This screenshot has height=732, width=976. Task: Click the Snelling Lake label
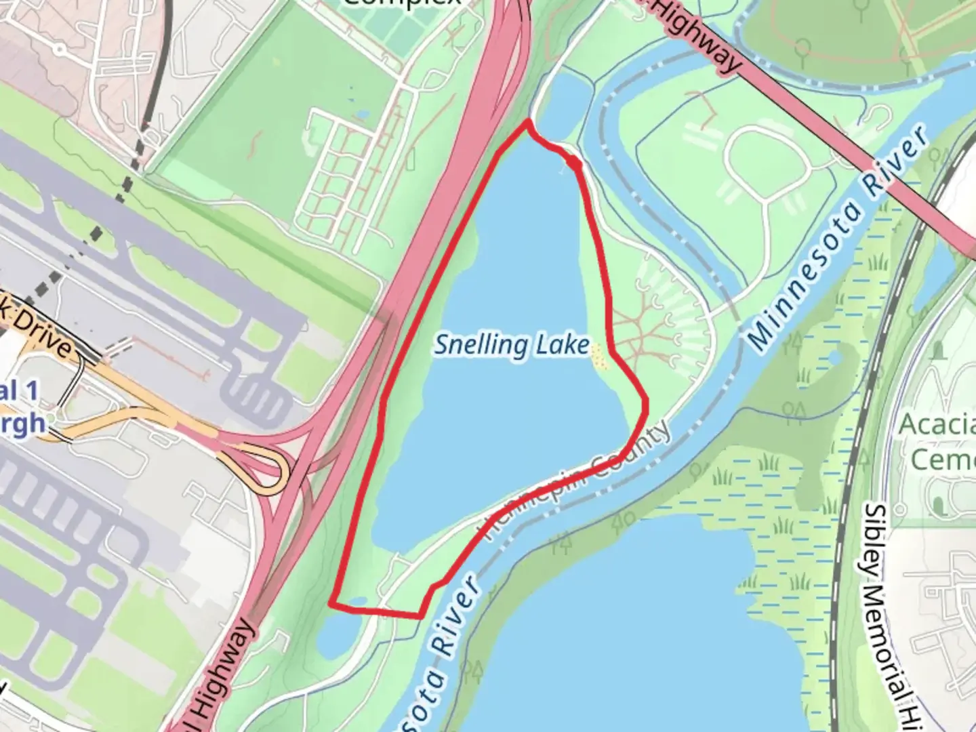point(512,346)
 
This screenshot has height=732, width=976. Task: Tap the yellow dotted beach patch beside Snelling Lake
point(598,357)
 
